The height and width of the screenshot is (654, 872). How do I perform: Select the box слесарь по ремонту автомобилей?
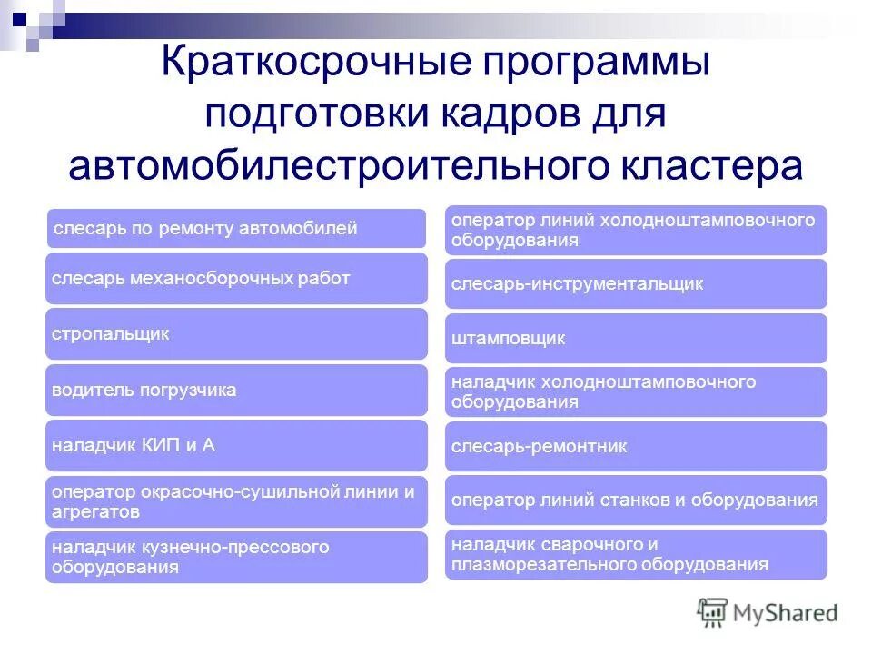pyautogui.click(x=236, y=229)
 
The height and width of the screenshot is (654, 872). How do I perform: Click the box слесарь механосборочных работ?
pyautogui.click(x=236, y=279)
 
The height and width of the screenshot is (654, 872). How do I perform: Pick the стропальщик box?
pyautogui.click(x=236, y=334)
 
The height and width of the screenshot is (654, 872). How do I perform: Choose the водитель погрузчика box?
pyautogui.click(x=236, y=391)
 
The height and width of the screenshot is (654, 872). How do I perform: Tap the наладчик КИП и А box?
pyautogui.click(x=236, y=445)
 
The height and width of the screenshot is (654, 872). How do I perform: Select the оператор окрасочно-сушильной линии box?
pyautogui.click(x=236, y=501)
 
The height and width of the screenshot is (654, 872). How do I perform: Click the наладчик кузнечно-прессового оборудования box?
pyautogui.click(x=236, y=557)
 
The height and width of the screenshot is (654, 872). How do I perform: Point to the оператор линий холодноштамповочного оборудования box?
pyautogui.click(x=636, y=231)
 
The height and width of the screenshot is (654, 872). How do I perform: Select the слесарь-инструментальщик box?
pyautogui.click(x=636, y=284)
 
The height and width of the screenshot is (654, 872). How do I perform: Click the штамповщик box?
pyautogui.click(x=636, y=339)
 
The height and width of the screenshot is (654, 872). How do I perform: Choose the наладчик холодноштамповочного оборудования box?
pyautogui.click(x=636, y=392)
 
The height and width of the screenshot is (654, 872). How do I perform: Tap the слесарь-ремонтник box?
pyautogui.click(x=636, y=446)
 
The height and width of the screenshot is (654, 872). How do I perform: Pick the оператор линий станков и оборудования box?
pyautogui.click(x=636, y=500)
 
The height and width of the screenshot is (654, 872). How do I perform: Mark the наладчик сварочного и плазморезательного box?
pyautogui.click(x=636, y=555)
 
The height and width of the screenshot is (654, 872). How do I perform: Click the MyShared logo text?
pyautogui.click(x=787, y=613)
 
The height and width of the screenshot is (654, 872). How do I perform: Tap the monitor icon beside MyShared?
pyautogui.click(x=713, y=613)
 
